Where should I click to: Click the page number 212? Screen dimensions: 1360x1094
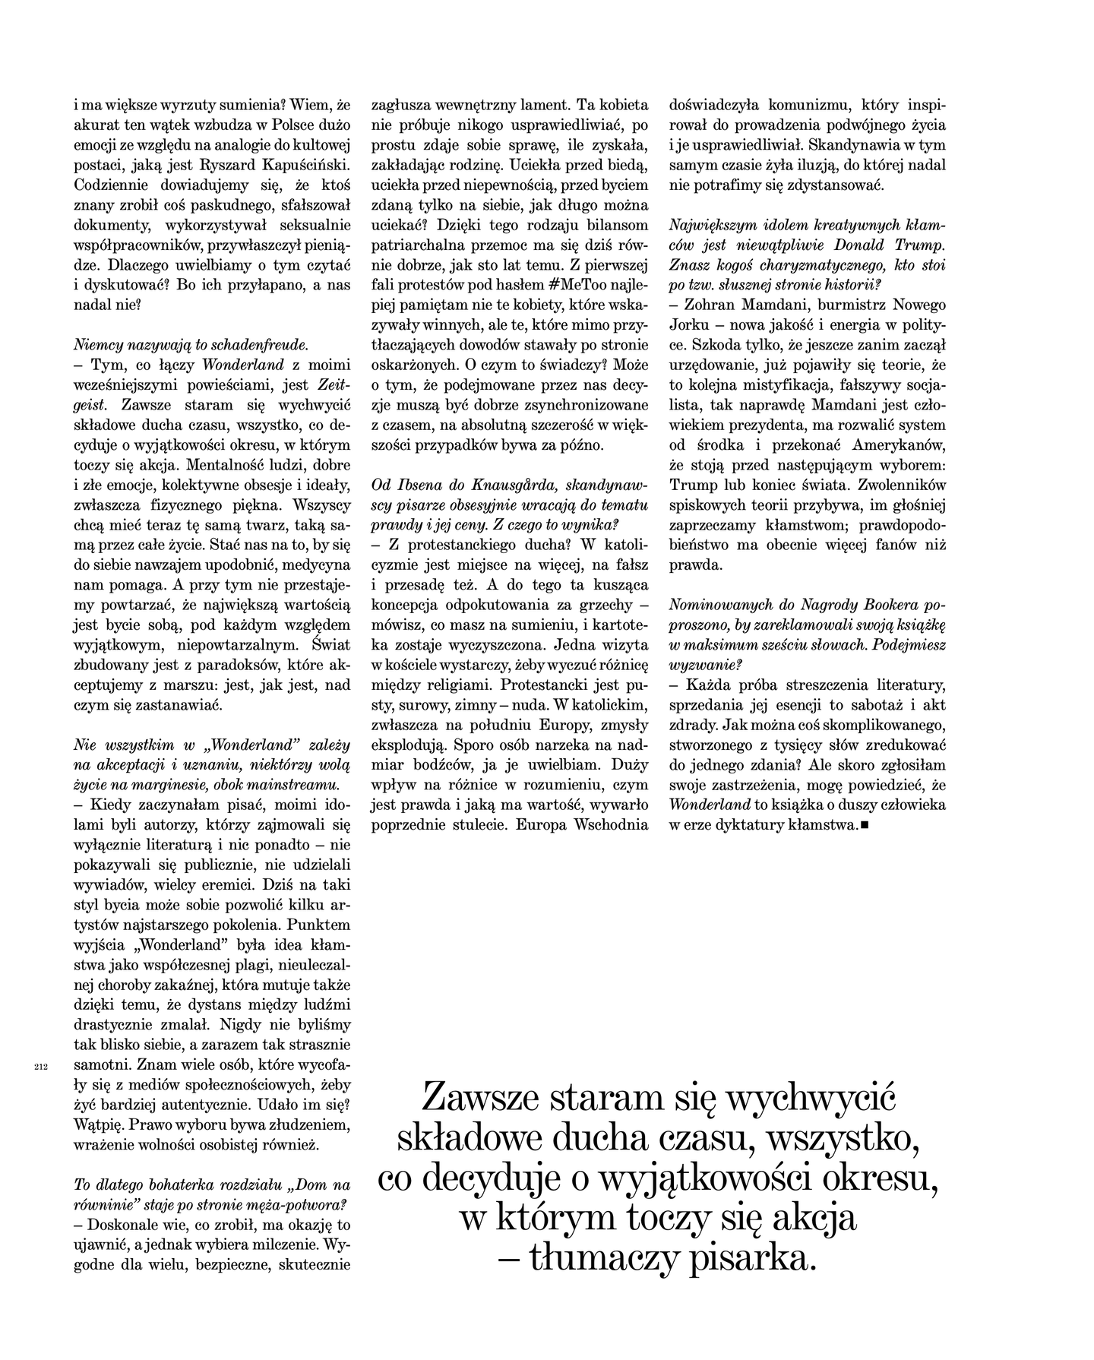pyautogui.click(x=41, y=1066)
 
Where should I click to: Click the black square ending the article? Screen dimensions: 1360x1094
pyautogui.click(x=865, y=825)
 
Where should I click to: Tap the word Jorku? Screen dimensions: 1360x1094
pyautogui.click(x=689, y=324)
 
